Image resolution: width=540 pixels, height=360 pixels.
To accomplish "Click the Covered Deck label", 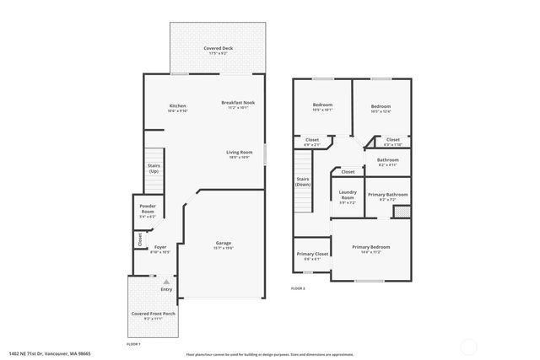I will (x=218, y=50).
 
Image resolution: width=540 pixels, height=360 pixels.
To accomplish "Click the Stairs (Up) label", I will (x=154, y=168).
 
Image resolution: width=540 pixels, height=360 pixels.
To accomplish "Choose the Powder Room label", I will (x=147, y=211).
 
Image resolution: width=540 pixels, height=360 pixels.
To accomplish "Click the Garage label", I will (x=223, y=244).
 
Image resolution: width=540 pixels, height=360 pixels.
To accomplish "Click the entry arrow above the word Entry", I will (x=166, y=281).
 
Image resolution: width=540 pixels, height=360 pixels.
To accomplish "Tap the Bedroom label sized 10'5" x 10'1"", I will (x=322, y=107).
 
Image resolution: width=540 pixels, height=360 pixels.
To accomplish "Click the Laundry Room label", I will (x=348, y=197).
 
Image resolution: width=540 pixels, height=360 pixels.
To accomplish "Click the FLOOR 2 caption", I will (x=298, y=288).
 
